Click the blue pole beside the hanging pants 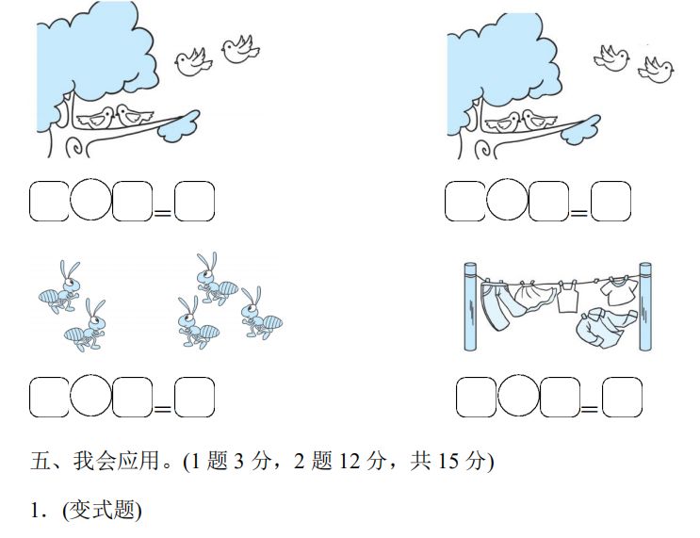click(x=471, y=307)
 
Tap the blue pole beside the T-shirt click(x=646, y=307)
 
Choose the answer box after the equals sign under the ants click(x=194, y=397)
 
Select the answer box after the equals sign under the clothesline click(x=622, y=397)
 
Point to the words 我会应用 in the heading click(x=108, y=463)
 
